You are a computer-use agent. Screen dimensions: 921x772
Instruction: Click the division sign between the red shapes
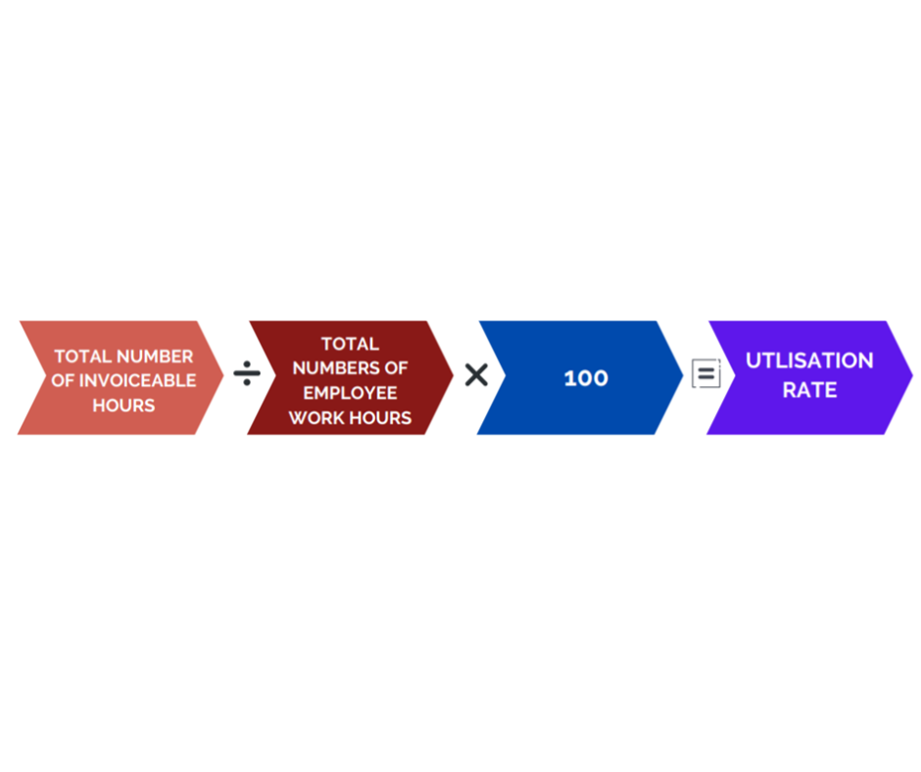click(247, 373)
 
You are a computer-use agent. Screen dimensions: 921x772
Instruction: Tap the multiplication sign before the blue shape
click(476, 375)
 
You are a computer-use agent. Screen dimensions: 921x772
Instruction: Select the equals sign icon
click(706, 373)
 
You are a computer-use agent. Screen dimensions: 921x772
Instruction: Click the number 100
click(586, 378)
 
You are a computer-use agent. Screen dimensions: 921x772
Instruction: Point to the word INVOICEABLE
click(137, 381)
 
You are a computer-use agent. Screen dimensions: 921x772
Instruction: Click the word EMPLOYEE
click(350, 393)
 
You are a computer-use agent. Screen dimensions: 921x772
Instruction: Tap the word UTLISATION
click(809, 361)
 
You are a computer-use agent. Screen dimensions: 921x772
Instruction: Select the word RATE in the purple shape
click(809, 390)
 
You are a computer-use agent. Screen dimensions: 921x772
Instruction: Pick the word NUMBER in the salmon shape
click(155, 356)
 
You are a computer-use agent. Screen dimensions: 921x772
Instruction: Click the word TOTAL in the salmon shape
click(83, 356)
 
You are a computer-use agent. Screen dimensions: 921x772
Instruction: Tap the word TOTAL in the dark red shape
click(350, 343)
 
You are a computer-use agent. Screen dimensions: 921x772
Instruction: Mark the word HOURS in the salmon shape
click(123, 406)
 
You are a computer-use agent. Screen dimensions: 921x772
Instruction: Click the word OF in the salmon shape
click(63, 381)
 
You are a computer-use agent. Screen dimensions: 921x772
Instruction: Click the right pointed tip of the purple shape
click(913, 375)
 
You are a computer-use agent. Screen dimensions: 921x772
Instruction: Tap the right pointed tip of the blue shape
click(683, 375)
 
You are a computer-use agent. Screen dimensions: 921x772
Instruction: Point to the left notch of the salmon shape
click(46, 375)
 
